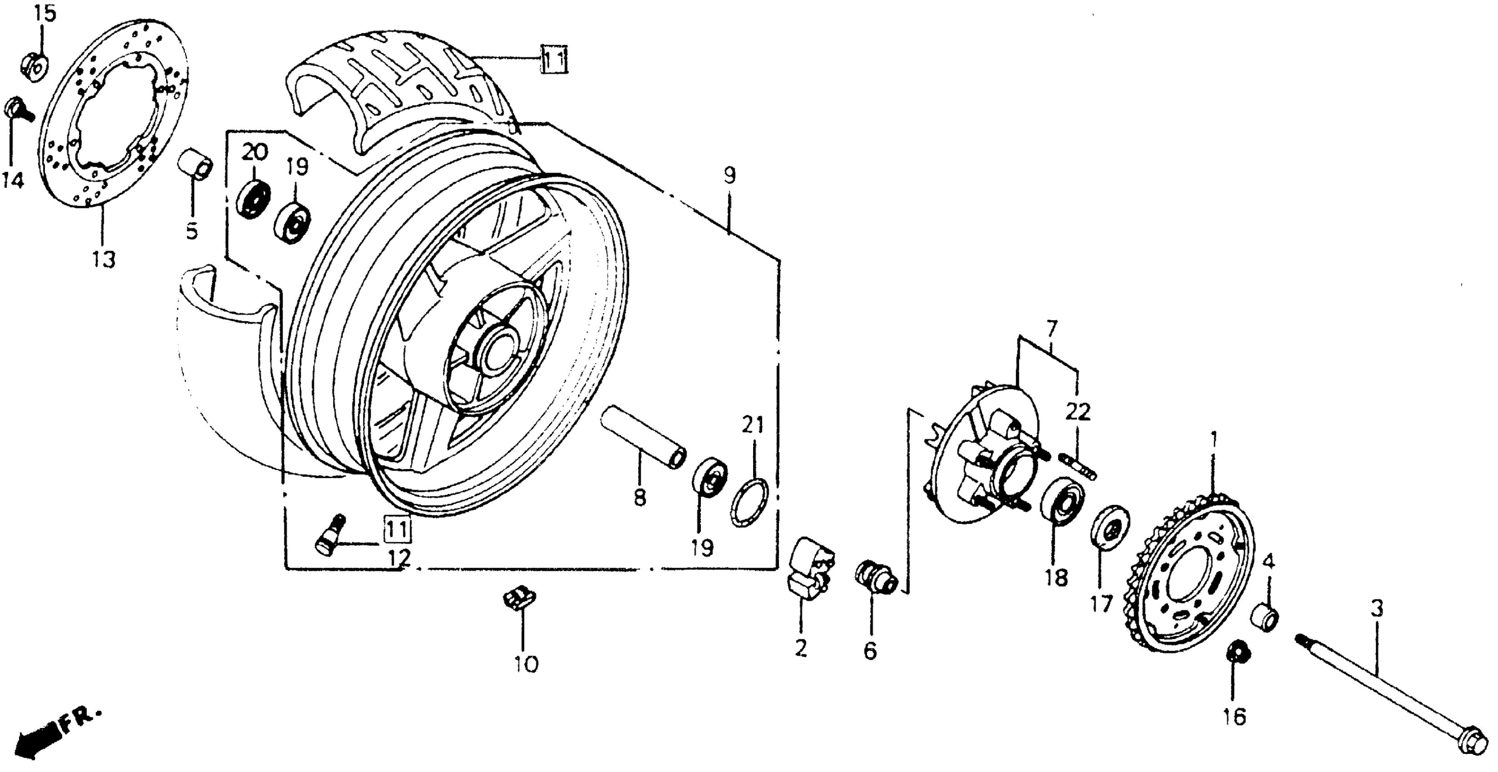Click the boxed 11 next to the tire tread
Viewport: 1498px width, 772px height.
(554, 59)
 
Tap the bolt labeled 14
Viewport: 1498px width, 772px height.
(17, 110)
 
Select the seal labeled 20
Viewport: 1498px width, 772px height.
(253, 199)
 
